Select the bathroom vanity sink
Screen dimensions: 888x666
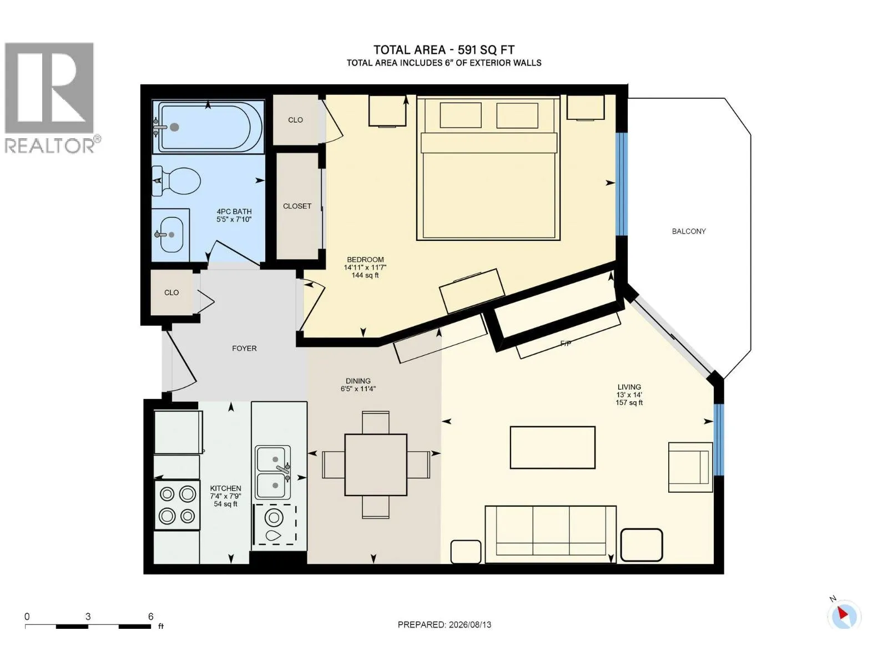(170, 235)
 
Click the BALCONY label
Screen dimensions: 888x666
(689, 231)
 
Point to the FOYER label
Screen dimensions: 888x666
(244, 348)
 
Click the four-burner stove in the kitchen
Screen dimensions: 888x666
(177, 504)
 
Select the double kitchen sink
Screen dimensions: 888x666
(274, 472)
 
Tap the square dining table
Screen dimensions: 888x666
(375, 465)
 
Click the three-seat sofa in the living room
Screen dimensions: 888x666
(550, 534)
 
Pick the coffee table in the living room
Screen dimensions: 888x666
(552, 448)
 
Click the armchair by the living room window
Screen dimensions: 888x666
(690, 467)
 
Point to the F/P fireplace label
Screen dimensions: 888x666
(566, 344)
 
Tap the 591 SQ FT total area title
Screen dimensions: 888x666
(486, 50)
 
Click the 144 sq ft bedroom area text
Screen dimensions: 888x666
(365, 275)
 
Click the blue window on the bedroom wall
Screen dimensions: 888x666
(622, 184)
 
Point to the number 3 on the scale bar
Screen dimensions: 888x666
(88, 617)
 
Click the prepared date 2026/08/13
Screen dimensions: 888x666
(470, 625)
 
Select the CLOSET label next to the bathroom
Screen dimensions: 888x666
(297, 206)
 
